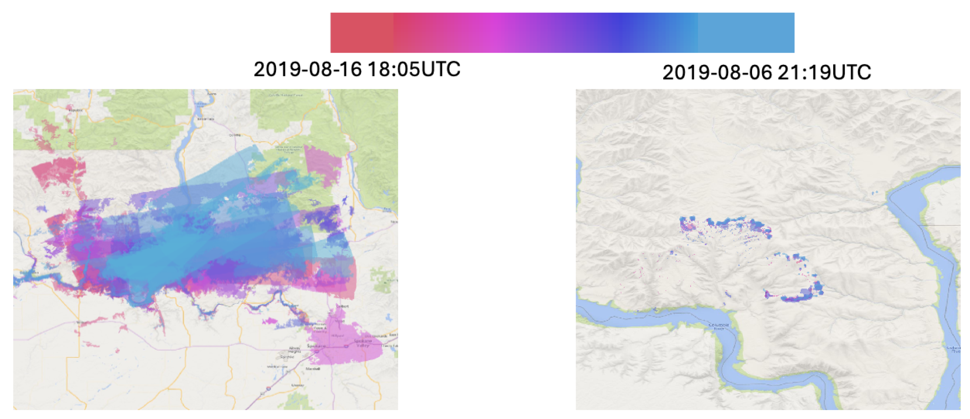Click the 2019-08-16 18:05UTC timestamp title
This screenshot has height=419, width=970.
click(357, 69)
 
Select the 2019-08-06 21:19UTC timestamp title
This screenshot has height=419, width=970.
click(766, 72)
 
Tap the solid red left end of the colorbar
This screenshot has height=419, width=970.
click(361, 33)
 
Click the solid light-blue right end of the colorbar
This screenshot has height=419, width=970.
click(746, 33)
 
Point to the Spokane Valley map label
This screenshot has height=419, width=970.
click(363, 343)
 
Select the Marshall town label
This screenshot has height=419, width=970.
click(313, 368)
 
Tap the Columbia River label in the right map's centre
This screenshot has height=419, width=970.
click(718, 326)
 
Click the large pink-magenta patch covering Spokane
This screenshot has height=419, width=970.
click(350, 343)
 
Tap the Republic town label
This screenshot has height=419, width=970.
click(76, 110)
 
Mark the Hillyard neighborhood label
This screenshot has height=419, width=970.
click(337, 335)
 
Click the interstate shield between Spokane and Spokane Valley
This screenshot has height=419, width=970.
click(345, 346)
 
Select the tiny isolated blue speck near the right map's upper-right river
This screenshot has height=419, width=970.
click(874, 193)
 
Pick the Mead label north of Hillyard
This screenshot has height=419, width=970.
click(340, 321)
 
